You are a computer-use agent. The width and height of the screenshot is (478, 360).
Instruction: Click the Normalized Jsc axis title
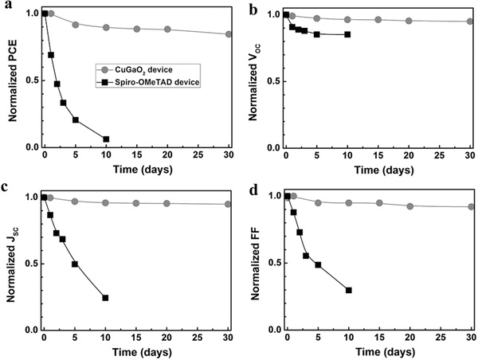[14, 263]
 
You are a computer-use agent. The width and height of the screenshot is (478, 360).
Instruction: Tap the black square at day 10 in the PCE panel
[106, 139]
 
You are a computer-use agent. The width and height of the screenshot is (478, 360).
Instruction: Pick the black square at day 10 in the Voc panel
[348, 34]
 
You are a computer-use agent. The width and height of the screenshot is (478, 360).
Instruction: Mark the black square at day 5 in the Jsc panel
[75, 264]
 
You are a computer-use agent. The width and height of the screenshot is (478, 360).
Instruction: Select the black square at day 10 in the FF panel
[348, 290]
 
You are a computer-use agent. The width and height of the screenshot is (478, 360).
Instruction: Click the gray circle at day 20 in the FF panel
[409, 206]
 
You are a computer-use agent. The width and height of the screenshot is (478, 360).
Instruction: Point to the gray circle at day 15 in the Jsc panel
[137, 203]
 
